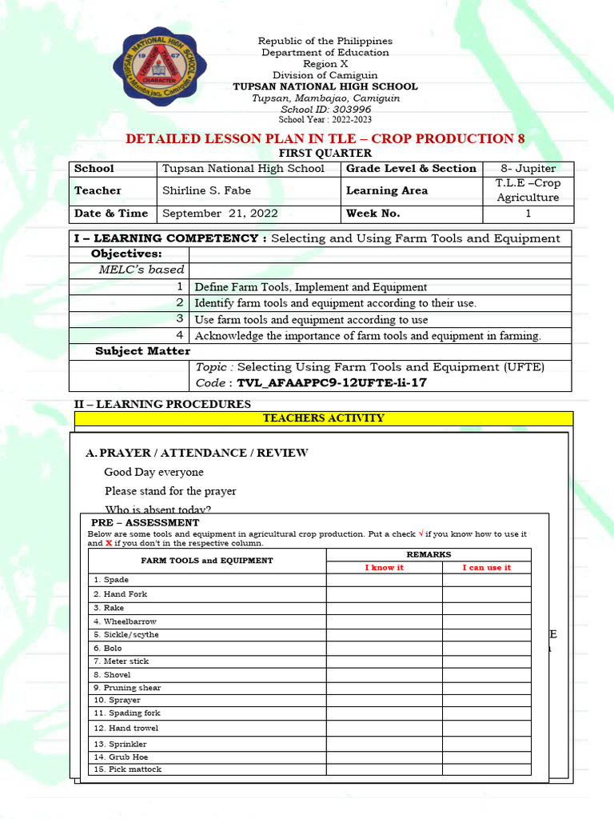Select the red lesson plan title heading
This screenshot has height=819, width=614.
point(325,138)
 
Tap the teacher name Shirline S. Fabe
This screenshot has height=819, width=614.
point(207,190)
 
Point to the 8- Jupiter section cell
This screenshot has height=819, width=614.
point(528,169)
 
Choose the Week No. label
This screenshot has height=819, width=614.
point(373,214)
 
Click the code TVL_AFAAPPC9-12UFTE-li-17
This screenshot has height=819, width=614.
point(333,382)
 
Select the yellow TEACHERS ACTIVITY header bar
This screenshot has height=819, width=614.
point(324,418)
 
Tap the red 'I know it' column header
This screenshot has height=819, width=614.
point(384,567)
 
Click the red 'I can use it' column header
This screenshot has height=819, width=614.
point(486,567)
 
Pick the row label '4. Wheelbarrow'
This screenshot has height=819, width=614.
point(125,621)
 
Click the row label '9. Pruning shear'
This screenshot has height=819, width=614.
point(127,688)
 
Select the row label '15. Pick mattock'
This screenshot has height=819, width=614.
point(127,769)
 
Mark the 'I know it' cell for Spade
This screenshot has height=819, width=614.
point(384,580)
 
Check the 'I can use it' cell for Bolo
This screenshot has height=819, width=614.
point(486,648)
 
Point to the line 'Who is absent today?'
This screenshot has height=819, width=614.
point(158,509)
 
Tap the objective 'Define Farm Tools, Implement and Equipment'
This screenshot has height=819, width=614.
point(311,286)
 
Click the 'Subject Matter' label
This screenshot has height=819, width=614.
point(142,351)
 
